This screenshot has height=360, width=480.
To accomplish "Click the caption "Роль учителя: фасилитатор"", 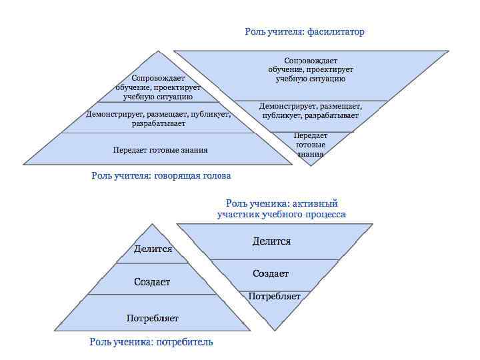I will pyautogui.click(x=305, y=31).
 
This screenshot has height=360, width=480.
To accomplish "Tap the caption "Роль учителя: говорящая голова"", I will pyautogui.click(x=161, y=176).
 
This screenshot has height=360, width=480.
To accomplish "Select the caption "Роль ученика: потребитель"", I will pyautogui.click(x=151, y=342).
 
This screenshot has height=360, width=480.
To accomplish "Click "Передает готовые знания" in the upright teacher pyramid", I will pyautogui.click(x=160, y=150).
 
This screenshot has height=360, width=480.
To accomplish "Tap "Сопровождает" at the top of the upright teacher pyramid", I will pyautogui.click(x=158, y=78).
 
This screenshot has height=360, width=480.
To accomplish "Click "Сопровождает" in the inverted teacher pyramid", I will pyautogui.click(x=311, y=61).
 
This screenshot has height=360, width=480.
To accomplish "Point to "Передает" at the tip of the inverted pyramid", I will pyautogui.click(x=311, y=135).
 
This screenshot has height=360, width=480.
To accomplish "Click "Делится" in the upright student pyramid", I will pyautogui.click(x=153, y=249).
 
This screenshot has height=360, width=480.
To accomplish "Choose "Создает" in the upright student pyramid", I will pyautogui.click(x=152, y=282).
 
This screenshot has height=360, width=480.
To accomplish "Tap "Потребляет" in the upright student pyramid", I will pyautogui.click(x=153, y=318).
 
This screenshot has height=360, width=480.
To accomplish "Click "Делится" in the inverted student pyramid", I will pyautogui.click(x=271, y=241).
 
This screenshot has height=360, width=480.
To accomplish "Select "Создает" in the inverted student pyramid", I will pyautogui.click(x=271, y=273).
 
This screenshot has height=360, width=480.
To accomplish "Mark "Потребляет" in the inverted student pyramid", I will pyautogui.click(x=275, y=296).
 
